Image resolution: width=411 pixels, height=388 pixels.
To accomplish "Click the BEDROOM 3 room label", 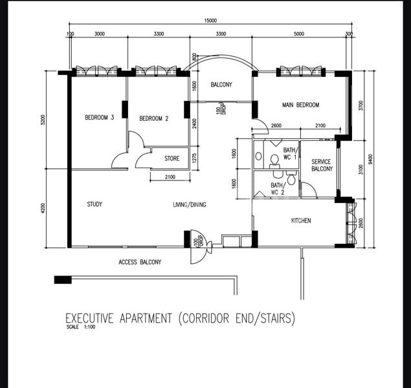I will click(99, 118).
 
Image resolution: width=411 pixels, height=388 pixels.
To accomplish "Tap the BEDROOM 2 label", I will click(154, 118).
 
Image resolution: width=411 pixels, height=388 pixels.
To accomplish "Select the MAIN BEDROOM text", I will click(300, 105).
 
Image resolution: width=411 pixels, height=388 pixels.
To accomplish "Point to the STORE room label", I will click(172, 158).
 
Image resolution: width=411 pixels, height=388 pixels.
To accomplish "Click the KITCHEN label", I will click(300, 221).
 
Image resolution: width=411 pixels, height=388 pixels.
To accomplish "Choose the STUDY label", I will click(94, 204).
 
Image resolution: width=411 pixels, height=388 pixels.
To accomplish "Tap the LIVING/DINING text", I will click(189, 205).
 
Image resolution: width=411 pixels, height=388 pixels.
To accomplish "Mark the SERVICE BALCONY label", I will click(321, 166).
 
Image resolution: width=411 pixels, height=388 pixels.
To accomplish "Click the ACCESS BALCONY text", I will click(139, 263).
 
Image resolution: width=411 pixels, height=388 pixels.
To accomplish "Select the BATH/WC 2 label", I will click(277, 189).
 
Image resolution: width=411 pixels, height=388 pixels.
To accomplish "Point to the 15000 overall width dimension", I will click(210, 21).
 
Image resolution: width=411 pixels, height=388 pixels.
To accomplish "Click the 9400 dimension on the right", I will click(370, 159).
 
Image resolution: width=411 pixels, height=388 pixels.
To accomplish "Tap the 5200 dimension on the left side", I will click(43, 120).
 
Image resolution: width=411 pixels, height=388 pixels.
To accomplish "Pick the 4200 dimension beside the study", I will click(43, 208).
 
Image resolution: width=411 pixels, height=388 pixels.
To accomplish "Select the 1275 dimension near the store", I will click(195, 159).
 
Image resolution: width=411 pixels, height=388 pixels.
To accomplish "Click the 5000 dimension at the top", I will click(298, 33).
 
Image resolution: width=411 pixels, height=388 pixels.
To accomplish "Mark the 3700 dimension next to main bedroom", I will click(361, 104).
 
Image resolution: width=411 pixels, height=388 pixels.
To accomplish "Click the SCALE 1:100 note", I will click(81, 327).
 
